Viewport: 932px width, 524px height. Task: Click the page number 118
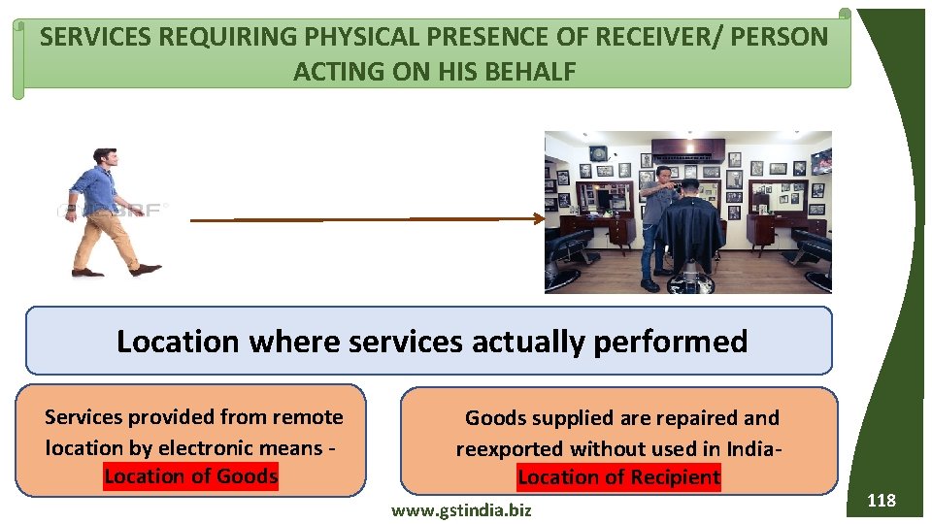[x=881, y=501]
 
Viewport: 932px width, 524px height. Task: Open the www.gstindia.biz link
[x=460, y=509]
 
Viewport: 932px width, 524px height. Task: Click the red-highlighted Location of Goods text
[x=191, y=476]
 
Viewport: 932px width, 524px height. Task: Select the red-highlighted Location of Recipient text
[x=619, y=477]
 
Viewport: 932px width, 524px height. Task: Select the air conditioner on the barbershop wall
[x=687, y=149]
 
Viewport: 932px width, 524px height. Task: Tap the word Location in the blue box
[x=177, y=342]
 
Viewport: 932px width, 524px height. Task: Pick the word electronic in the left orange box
[x=205, y=447]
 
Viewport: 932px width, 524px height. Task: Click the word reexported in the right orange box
[x=510, y=448]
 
